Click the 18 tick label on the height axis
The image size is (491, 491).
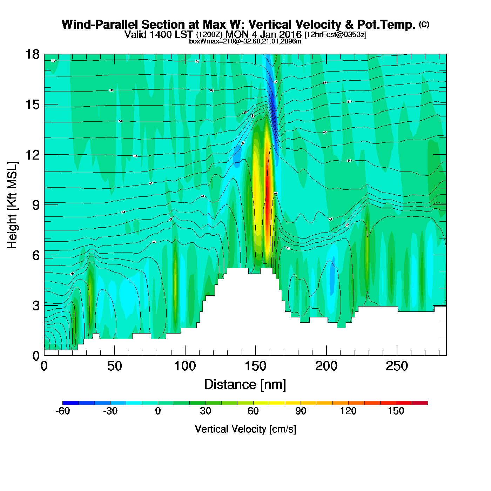[32, 54]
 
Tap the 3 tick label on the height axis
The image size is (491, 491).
[36, 306]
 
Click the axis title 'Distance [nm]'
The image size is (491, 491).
[245, 385]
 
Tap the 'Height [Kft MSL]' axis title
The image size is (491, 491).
[13, 205]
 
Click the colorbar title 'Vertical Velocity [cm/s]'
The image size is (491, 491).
[245, 429]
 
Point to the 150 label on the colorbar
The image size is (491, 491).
[396, 411]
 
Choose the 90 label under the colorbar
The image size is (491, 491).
[301, 411]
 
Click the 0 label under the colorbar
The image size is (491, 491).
[158, 411]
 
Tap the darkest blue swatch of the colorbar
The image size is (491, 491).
[70, 403]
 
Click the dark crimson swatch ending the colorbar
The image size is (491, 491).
[420, 403]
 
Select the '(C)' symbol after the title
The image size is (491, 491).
[424, 24]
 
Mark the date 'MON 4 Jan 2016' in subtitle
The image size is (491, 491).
[263, 34]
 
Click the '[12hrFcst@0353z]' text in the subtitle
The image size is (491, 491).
[335, 35]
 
